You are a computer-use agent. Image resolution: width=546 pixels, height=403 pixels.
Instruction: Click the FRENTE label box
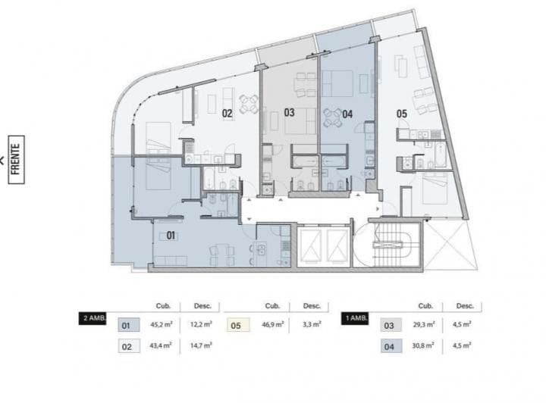click(x=17, y=156)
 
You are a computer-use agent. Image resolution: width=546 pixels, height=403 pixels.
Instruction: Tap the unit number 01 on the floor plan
click(x=171, y=236)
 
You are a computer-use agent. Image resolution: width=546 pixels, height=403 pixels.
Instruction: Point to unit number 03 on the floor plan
click(x=289, y=113)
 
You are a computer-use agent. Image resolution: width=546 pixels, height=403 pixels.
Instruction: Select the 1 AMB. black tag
click(x=356, y=319)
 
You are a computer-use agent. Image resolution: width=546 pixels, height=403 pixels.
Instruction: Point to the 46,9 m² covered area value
click(x=273, y=326)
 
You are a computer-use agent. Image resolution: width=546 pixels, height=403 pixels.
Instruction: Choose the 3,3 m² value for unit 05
click(x=312, y=326)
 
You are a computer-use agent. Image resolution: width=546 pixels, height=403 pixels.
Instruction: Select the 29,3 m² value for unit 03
click(x=423, y=326)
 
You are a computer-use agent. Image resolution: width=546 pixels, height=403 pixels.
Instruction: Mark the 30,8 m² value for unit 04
click(x=423, y=346)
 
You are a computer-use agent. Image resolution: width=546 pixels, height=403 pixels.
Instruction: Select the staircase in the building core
click(x=392, y=246)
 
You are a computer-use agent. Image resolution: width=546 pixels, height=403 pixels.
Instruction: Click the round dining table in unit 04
click(x=331, y=116)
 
